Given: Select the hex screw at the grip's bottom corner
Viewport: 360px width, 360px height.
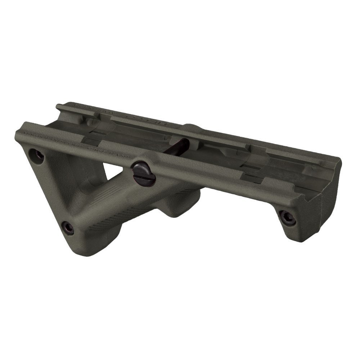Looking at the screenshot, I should coord(67,228).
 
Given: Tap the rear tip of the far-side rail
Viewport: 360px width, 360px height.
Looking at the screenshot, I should coord(59,107).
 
